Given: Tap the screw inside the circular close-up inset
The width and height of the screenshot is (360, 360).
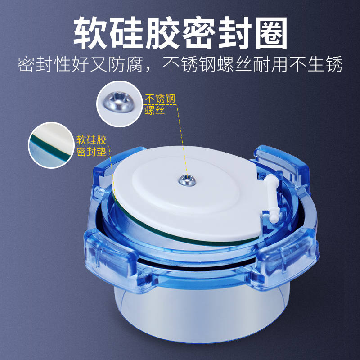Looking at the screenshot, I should pos(119,103).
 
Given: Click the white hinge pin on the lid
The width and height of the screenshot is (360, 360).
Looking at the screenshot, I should pos(271,197).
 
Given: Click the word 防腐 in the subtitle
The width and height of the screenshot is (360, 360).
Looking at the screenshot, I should pos(133,66).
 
